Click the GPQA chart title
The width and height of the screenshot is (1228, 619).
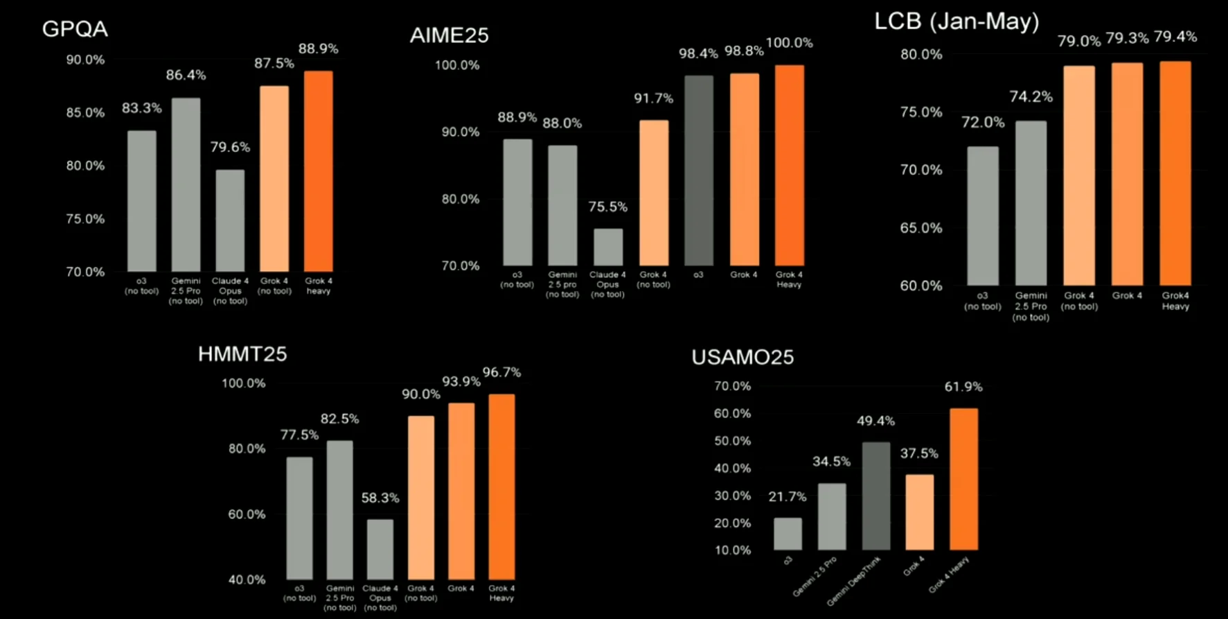click(x=75, y=29)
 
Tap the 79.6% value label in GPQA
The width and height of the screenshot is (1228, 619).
click(x=230, y=147)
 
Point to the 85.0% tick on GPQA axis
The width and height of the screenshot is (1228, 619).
click(x=85, y=112)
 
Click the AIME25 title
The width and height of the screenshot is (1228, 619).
click(x=449, y=35)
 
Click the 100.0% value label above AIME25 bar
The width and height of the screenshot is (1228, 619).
click(x=789, y=43)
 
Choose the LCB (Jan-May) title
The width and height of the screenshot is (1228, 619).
click(x=956, y=21)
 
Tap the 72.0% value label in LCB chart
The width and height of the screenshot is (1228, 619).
click(x=982, y=123)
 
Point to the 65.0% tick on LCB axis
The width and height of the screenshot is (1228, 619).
click(x=920, y=228)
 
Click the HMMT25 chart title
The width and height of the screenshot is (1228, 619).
click(x=242, y=354)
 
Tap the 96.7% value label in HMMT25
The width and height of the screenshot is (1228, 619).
click(x=501, y=373)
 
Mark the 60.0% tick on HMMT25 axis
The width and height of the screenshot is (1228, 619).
click(x=247, y=514)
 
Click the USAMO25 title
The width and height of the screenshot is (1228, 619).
click(x=742, y=357)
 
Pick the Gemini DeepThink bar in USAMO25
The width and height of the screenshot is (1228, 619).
click(x=876, y=496)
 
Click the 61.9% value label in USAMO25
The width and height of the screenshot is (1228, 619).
click(x=963, y=387)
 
